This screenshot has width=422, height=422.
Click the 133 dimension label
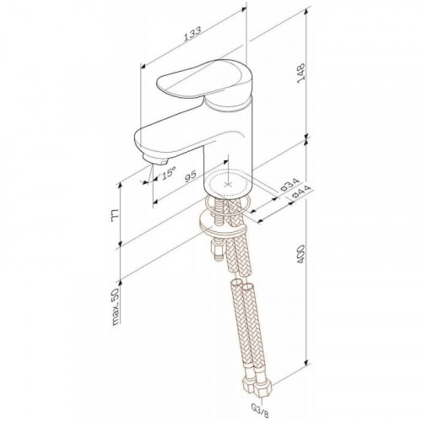[x=192, y=34]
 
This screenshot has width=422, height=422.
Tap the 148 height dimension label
[x=300, y=73]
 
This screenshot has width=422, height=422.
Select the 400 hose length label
[x=300, y=254]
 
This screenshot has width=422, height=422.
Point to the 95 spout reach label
[x=191, y=176]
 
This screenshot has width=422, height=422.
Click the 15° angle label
[x=168, y=172]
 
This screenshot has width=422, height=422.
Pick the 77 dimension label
[x=116, y=215]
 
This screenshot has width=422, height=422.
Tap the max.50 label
[x=116, y=306]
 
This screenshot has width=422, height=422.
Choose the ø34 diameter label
[x=289, y=185]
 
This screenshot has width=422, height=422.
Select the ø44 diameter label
[x=301, y=192]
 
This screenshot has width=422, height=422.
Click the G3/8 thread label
[x=262, y=414]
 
